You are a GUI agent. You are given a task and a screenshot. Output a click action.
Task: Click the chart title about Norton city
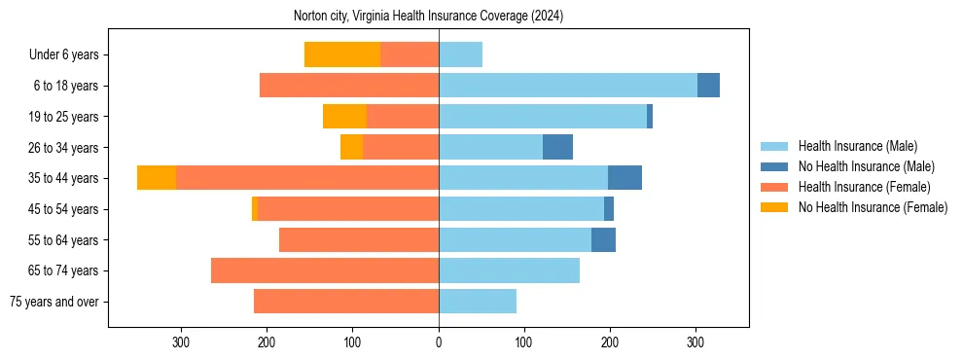[x=428, y=17]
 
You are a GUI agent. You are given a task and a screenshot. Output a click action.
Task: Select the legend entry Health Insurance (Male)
[x=857, y=146]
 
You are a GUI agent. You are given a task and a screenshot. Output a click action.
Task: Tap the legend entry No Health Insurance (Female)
[x=873, y=207]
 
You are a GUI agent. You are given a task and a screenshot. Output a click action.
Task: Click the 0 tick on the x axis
[x=439, y=342]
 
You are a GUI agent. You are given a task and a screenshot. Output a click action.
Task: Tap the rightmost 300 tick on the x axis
[x=695, y=342]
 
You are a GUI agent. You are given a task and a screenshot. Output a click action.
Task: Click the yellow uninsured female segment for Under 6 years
[x=342, y=54]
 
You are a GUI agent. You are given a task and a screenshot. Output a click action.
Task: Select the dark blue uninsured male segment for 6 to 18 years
[x=708, y=86]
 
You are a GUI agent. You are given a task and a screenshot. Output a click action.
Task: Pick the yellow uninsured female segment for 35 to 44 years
[x=157, y=178]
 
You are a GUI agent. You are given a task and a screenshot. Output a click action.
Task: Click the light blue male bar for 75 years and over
[x=478, y=302]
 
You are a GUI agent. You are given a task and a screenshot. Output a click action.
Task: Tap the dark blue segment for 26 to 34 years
[x=557, y=147]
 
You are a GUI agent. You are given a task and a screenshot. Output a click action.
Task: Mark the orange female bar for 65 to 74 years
[x=325, y=270]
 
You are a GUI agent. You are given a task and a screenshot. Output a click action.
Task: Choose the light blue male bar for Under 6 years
[x=460, y=54]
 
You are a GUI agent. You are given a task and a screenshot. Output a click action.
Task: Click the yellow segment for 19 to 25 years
[x=345, y=117]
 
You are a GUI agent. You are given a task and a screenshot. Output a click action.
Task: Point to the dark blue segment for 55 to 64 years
[x=603, y=239]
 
